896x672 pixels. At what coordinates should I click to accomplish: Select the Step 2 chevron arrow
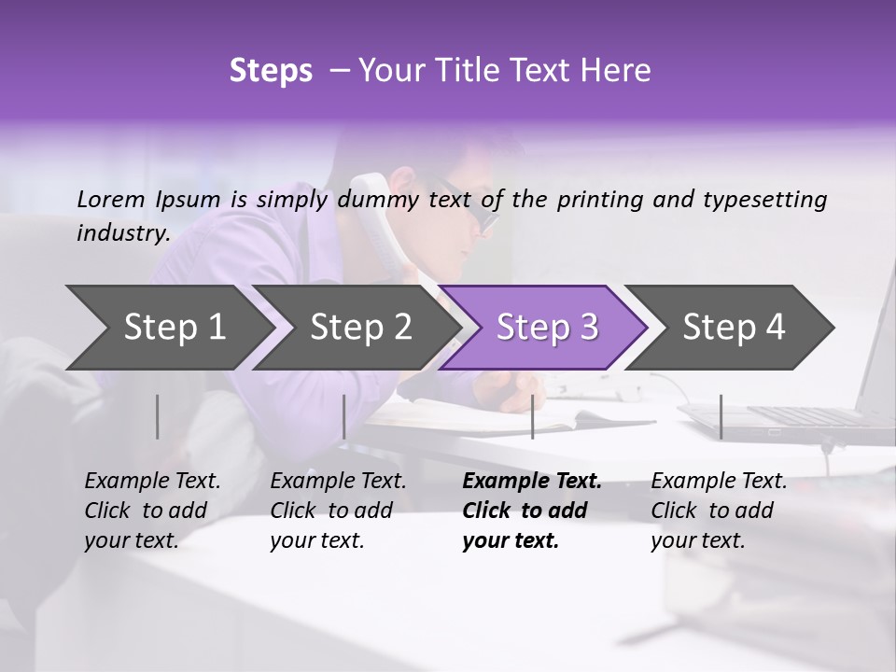pyautogui.click(x=355, y=327)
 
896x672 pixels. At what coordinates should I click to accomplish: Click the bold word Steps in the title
pyautogui.click(x=271, y=71)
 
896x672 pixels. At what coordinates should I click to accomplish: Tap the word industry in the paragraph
pyautogui.click(x=122, y=232)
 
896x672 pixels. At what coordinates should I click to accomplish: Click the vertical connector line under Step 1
pyautogui.click(x=158, y=416)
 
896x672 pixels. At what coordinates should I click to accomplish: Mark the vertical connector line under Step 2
pyautogui.click(x=344, y=416)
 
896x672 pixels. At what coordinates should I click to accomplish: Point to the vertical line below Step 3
pyautogui.click(x=532, y=416)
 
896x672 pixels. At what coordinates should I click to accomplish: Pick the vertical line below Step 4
pyautogui.click(x=721, y=416)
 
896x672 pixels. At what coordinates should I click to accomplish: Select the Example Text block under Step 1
pyautogui.click(x=152, y=511)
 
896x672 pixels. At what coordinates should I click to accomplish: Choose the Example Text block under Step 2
pyautogui.click(x=338, y=511)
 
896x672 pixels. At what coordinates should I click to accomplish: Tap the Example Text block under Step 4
pyautogui.click(x=719, y=511)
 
